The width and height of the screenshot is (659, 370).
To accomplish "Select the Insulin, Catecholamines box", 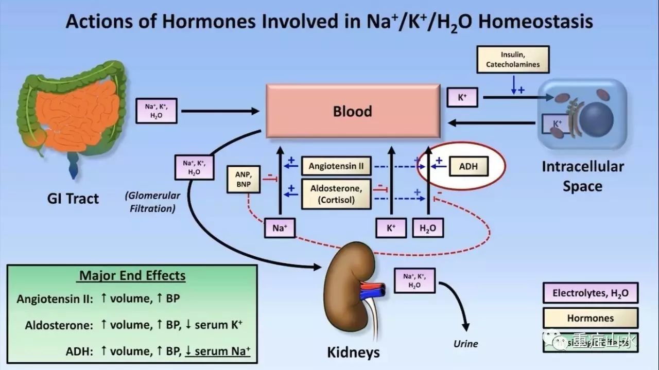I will point(513,59).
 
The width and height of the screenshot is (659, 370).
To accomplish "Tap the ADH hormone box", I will point(468,166).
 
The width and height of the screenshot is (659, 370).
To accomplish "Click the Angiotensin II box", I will point(336,166).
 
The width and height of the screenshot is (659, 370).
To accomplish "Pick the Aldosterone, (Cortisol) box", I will point(336,194).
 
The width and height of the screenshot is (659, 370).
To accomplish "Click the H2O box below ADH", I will point(428,228).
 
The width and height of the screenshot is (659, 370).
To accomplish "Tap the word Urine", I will point(465,344).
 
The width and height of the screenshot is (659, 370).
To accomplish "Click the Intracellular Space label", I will point(582,176).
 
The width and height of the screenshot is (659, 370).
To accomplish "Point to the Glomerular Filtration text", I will point(152,202).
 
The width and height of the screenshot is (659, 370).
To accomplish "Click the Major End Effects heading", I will point(132,275).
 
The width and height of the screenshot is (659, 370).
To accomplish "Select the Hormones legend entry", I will point(591,318).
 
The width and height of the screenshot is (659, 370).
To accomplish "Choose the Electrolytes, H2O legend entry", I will point(591,294).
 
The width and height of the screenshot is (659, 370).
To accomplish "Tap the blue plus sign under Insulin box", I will point(521,90).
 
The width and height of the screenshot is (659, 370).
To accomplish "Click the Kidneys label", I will point(354,352).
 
